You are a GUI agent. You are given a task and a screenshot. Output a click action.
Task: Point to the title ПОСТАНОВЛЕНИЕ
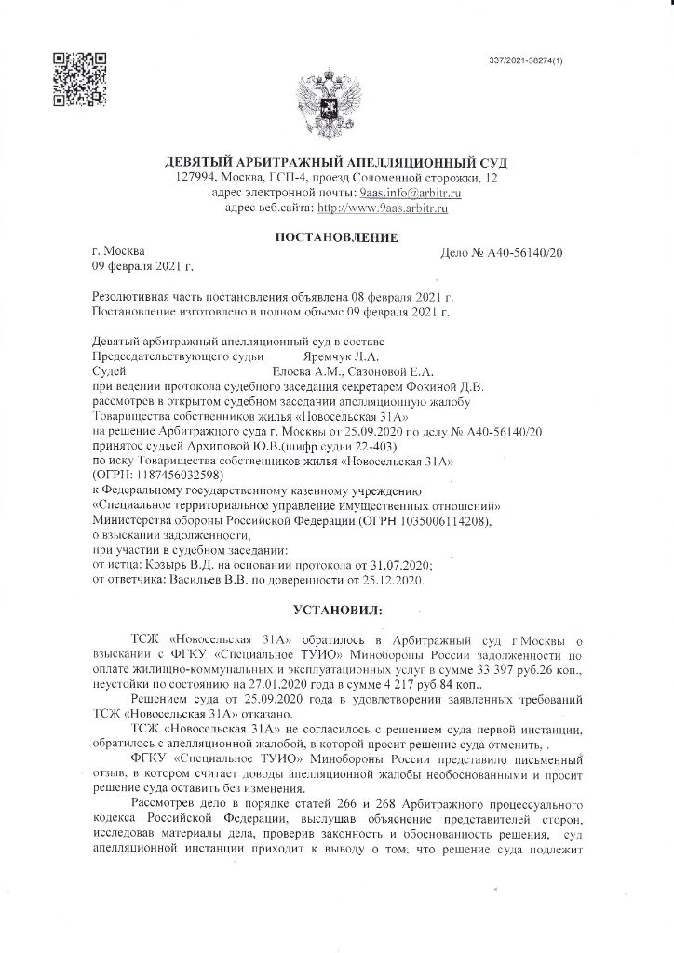(x=336, y=239)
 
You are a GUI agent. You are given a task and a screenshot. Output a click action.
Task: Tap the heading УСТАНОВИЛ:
(x=336, y=612)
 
